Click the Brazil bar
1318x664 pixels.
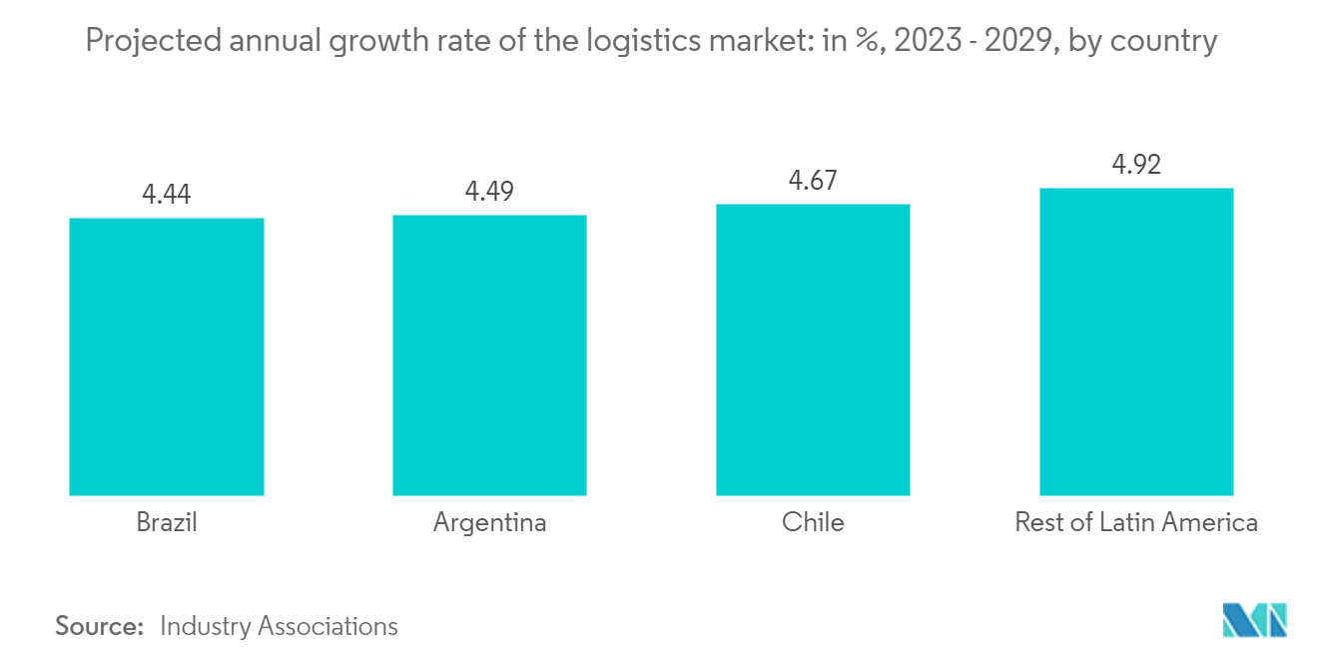[x=167, y=356]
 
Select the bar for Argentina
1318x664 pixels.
[x=489, y=354]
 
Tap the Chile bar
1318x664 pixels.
[x=813, y=349]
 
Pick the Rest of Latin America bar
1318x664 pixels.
[x=1136, y=341]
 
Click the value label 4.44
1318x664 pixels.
[x=167, y=195]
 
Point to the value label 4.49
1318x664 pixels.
[x=489, y=192]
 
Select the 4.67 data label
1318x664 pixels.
[x=813, y=181]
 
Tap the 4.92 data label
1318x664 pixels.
[x=1136, y=165]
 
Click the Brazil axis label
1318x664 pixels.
[x=167, y=522]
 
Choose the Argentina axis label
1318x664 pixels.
[x=489, y=522]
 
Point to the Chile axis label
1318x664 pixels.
[x=813, y=522]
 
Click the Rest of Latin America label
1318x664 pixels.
[x=1136, y=522]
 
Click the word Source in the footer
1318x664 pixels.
[x=99, y=626]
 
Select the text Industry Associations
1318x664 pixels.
[x=279, y=626]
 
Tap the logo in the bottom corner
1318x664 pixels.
[x=1255, y=620]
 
